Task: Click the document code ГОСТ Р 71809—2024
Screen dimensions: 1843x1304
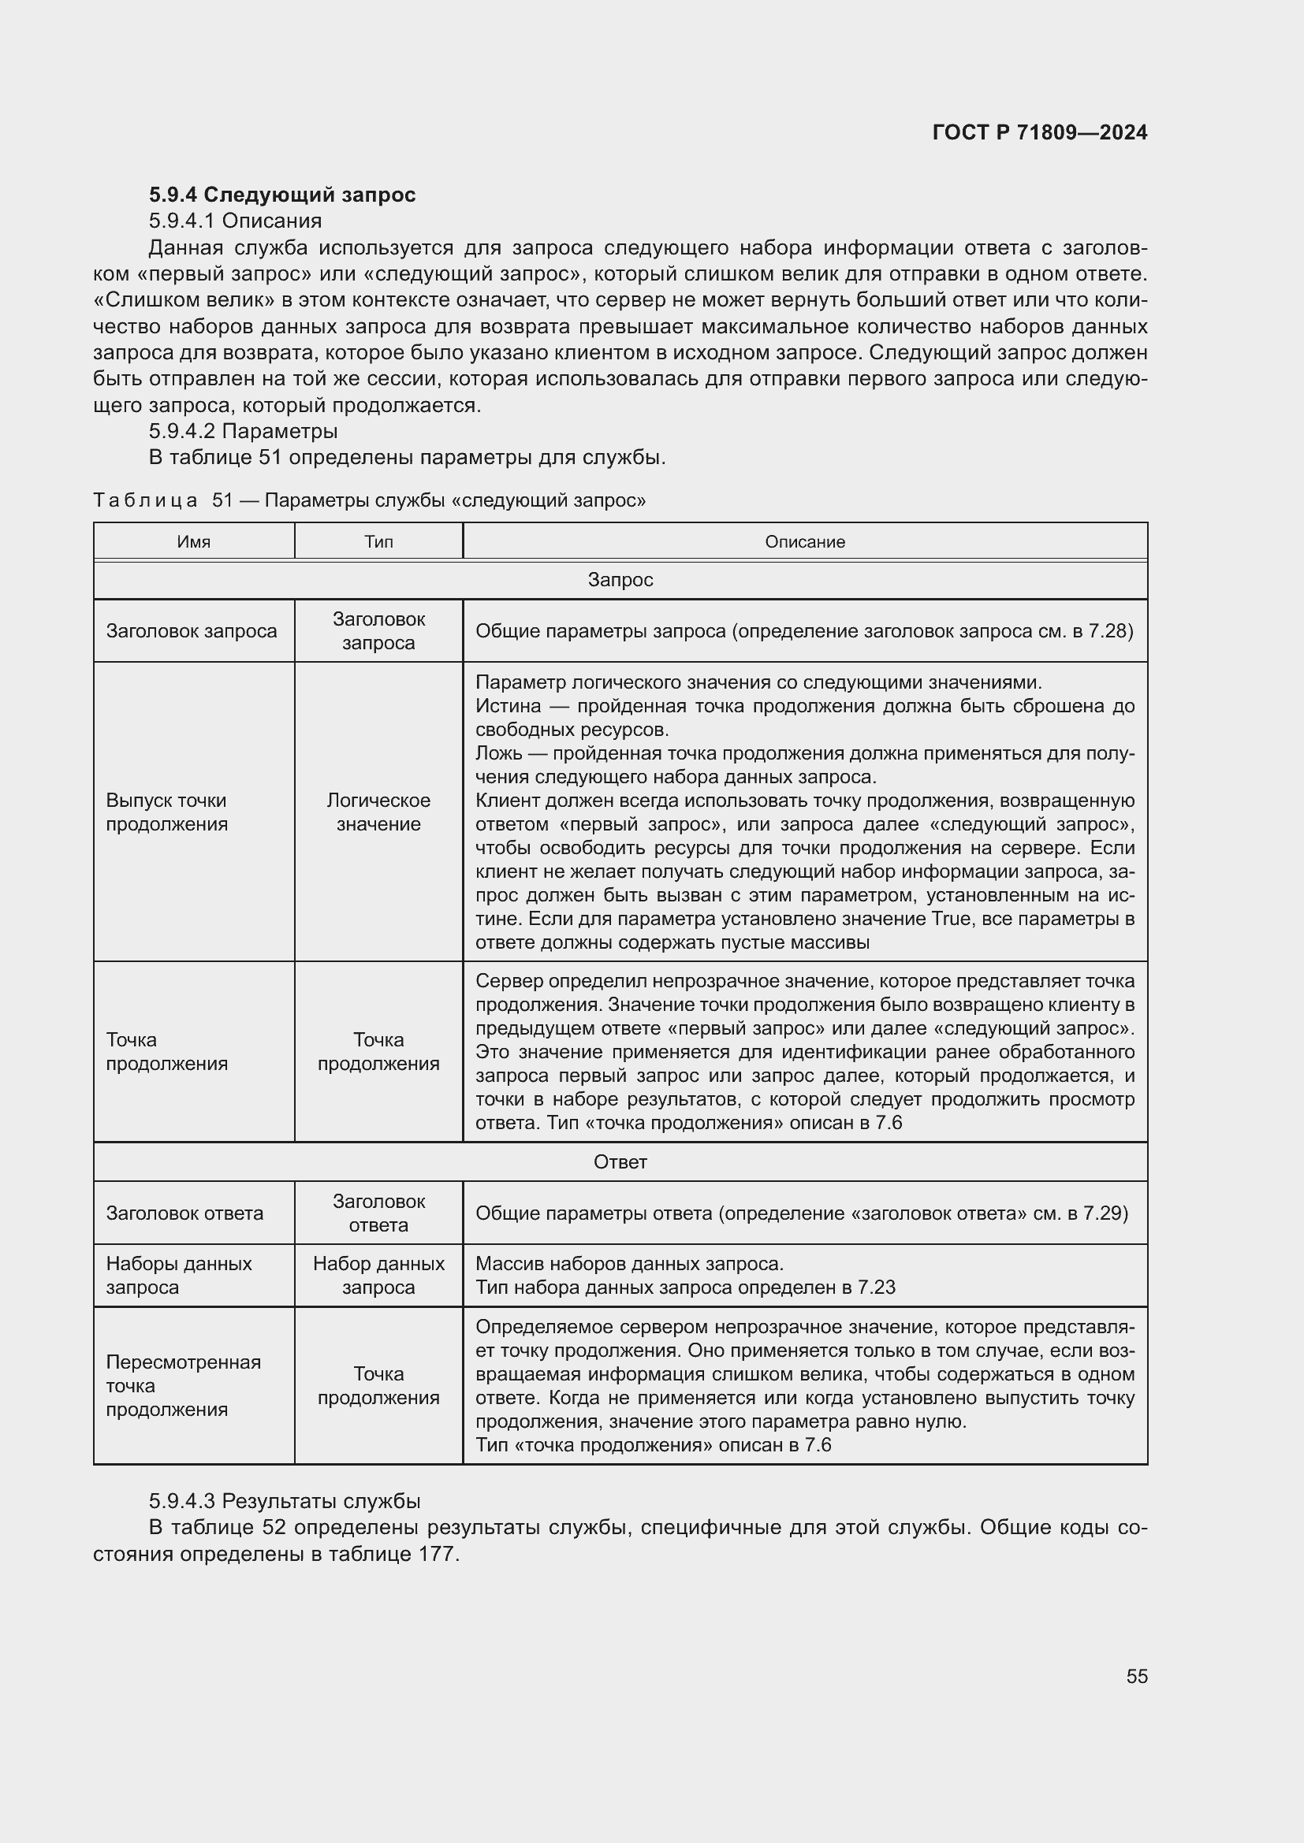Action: pos(1039,132)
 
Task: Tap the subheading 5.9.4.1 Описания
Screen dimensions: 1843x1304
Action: pos(234,221)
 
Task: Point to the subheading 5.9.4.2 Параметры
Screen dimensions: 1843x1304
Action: pos(243,431)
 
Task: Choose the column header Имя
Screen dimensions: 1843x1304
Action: pos(193,542)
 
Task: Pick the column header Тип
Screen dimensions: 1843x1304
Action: pos(378,542)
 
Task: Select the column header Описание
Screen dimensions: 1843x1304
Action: pos(805,542)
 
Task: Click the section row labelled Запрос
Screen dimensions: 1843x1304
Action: pos(620,580)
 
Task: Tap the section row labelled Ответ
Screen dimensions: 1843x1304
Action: pos(620,1161)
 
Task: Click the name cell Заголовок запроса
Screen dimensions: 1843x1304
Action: pos(191,631)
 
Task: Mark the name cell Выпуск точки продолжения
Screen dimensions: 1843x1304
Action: pos(167,812)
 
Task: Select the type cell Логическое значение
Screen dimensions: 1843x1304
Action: pos(378,812)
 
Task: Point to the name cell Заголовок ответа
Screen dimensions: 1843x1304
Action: pos(184,1213)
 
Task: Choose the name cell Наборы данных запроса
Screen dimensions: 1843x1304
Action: pos(178,1276)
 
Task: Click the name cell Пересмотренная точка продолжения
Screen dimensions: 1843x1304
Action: pos(183,1385)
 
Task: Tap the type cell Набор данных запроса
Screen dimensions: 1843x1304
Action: pos(378,1276)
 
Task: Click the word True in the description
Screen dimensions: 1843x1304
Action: pos(951,918)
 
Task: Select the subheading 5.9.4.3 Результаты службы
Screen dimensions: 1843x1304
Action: pos(285,1501)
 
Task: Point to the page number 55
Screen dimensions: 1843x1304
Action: pos(1136,1676)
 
